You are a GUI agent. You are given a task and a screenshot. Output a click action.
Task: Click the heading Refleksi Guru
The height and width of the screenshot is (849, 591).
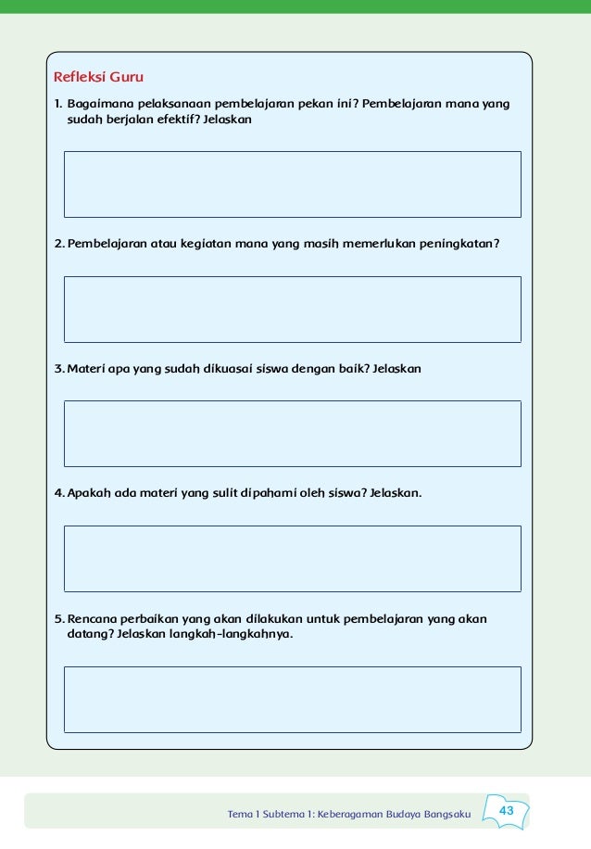click(x=98, y=76)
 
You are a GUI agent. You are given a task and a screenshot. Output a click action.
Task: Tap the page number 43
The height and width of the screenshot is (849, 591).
click(x=506, y=811)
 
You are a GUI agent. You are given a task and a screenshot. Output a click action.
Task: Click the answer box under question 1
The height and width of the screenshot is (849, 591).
click(x=292, y=184)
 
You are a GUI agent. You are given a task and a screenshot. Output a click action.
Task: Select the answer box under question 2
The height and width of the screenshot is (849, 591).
click(x=292, y=310)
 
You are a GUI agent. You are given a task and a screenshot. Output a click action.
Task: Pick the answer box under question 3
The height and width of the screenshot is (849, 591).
click(x=292, y=434)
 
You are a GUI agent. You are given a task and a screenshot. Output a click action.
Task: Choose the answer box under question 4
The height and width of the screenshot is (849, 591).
click(x=292, y=558)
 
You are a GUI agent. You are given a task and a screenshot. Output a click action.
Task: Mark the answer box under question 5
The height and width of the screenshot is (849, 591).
click(x=292, y=700)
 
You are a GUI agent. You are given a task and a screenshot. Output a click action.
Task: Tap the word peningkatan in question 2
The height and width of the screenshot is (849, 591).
click(x=462, y=244)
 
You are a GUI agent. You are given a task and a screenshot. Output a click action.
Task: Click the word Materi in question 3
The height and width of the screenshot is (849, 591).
click(x=86, y=369)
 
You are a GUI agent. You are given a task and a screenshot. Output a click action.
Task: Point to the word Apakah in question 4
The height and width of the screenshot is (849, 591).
click(x=89, y=493)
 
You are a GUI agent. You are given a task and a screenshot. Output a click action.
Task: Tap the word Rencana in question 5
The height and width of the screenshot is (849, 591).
click(x=92, y=618)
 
